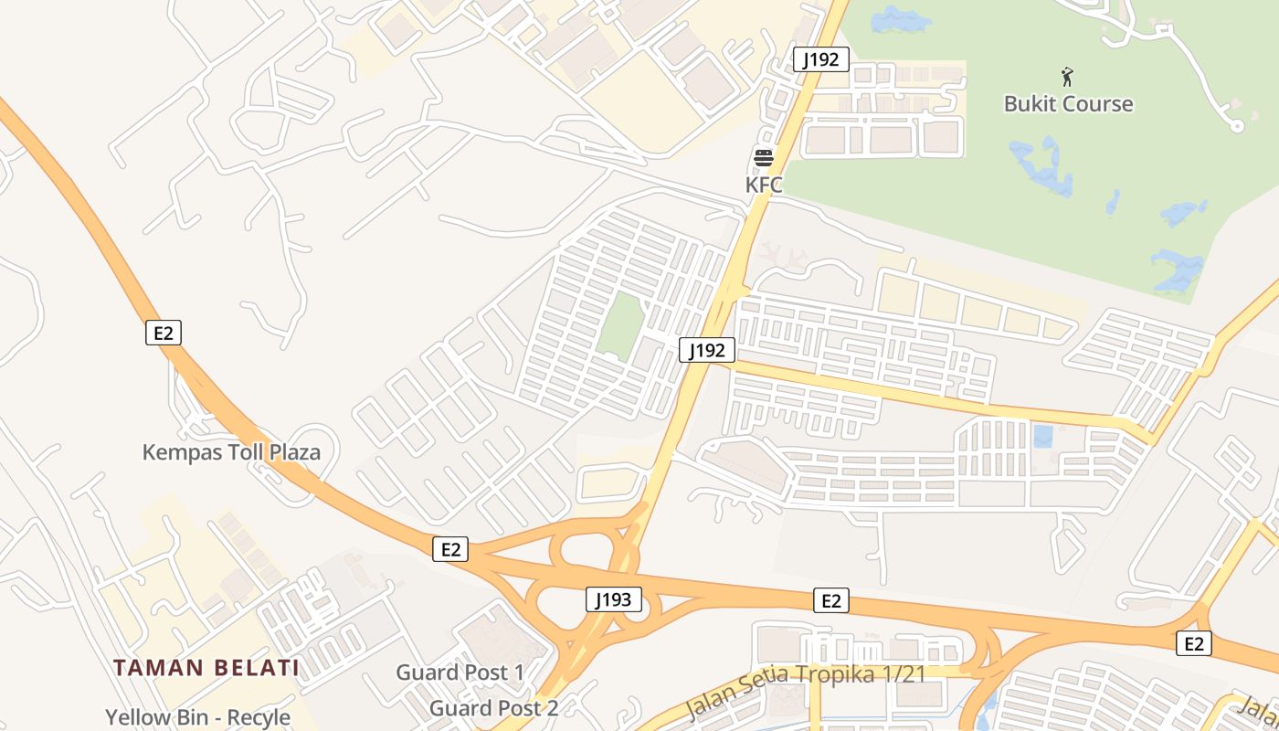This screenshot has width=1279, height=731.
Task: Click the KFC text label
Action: (764, 185)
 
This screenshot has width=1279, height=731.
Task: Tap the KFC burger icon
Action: (764, 158)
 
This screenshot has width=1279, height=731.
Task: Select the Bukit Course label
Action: (1068, 104)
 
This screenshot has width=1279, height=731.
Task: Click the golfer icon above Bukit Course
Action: (1067, 78)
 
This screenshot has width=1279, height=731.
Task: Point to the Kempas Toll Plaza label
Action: (231, 451)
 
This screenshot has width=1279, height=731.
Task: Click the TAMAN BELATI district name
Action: (206, 668)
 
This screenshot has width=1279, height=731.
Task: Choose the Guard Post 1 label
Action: (460, 673)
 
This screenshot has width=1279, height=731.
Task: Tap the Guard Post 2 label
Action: (493, 707)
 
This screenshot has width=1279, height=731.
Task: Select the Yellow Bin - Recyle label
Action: (197, 718)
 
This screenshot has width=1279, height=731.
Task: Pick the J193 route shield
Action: (613, 600)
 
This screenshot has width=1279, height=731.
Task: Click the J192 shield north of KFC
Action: (821, 60)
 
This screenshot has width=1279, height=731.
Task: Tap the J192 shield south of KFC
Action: (707, 349)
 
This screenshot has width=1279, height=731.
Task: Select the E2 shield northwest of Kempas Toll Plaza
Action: (164, 333)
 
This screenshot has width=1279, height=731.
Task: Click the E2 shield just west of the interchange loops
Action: (450, 549)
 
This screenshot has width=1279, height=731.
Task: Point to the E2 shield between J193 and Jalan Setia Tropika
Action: (830, 600)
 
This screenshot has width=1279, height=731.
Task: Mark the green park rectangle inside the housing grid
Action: (621, 324)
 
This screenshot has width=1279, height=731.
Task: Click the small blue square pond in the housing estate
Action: (1041, 436)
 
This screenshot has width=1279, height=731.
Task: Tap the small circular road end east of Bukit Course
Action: (1237, 126)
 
